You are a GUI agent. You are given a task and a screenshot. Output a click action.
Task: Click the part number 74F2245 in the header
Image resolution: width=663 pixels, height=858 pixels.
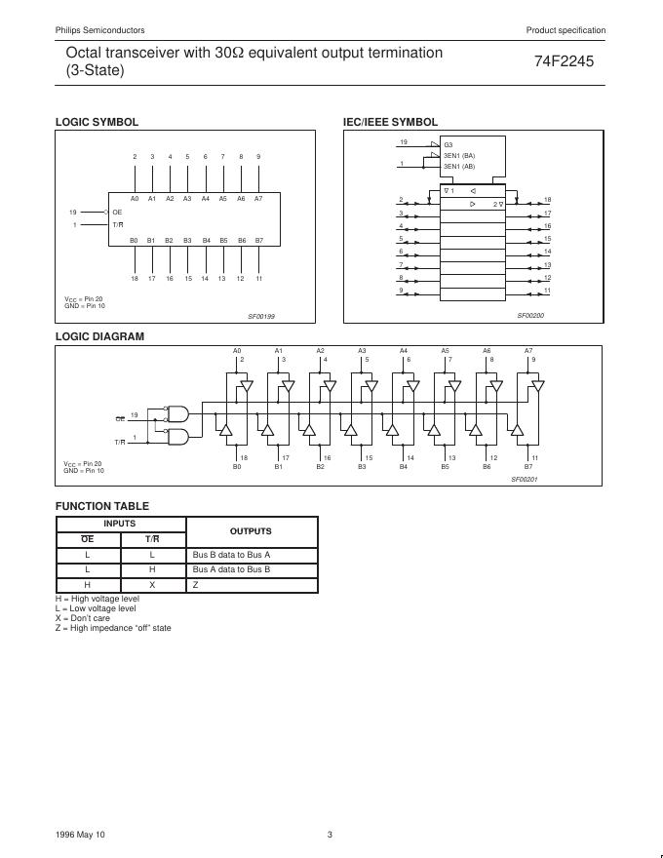tap(564, 60)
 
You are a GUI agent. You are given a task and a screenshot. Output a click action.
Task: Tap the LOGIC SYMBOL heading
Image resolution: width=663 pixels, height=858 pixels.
tap(97, 122)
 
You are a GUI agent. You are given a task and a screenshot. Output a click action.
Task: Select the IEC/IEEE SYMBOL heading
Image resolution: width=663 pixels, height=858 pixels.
tap(390, 122)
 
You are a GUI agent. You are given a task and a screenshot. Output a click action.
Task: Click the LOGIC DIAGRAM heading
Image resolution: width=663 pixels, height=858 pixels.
tap(99, 336)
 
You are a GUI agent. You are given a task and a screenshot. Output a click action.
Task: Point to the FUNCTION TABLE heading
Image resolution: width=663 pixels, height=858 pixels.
tap(102, 506)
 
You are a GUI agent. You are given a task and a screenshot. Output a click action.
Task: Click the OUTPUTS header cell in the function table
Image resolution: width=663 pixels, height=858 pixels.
tap(251, 531)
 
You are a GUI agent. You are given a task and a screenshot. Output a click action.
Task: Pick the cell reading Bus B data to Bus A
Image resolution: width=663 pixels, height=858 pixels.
tap(231, 555)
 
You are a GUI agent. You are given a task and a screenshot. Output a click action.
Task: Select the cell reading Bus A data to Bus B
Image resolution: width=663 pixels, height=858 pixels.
tap(231, 569)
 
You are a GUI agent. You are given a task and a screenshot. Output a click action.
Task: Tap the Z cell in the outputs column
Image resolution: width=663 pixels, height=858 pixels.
tap(195, 585)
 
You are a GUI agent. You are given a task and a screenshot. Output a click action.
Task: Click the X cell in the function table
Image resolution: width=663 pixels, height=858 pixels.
tap(153, 585)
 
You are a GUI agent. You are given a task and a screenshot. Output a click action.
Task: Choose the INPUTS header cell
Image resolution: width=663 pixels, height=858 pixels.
tap(120, 524)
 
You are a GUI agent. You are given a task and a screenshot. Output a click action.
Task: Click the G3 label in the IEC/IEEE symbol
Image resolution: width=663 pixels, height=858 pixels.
tap(448, 145)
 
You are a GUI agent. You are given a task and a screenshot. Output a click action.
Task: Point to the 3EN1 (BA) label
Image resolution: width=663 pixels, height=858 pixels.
tap(459, 156)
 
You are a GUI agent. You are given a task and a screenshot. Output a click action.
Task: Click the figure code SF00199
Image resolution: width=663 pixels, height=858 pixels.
tap(261, 316)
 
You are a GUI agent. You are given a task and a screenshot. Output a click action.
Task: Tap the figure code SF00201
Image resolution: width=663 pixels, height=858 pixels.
tap(525, 479)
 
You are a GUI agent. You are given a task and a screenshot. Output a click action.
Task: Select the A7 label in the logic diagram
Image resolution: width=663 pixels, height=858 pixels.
tap(528, 350)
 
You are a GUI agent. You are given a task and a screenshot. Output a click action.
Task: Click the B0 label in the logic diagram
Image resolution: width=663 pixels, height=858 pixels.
tap(237, 467)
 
